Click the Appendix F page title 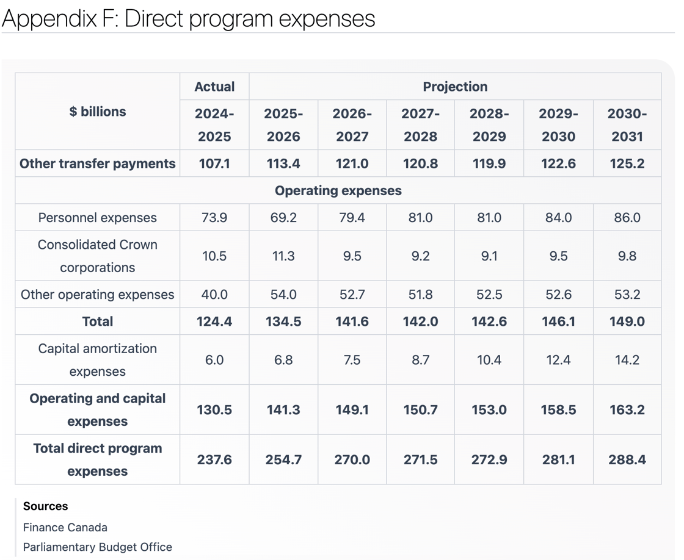189,18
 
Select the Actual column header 214,87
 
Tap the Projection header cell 455,87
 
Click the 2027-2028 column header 420,125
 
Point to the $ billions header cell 97,112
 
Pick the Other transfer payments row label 97,163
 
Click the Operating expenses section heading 338,190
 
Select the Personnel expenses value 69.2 283,217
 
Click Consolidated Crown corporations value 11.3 283,256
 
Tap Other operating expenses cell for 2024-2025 214,295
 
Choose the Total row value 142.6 489,321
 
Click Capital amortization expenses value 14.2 627,360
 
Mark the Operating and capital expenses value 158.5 558,410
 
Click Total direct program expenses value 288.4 627,460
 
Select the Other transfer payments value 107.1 214,163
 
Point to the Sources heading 45,506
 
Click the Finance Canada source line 65,527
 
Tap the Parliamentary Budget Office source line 97,547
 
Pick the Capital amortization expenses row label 97,360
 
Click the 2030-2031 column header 627,125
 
